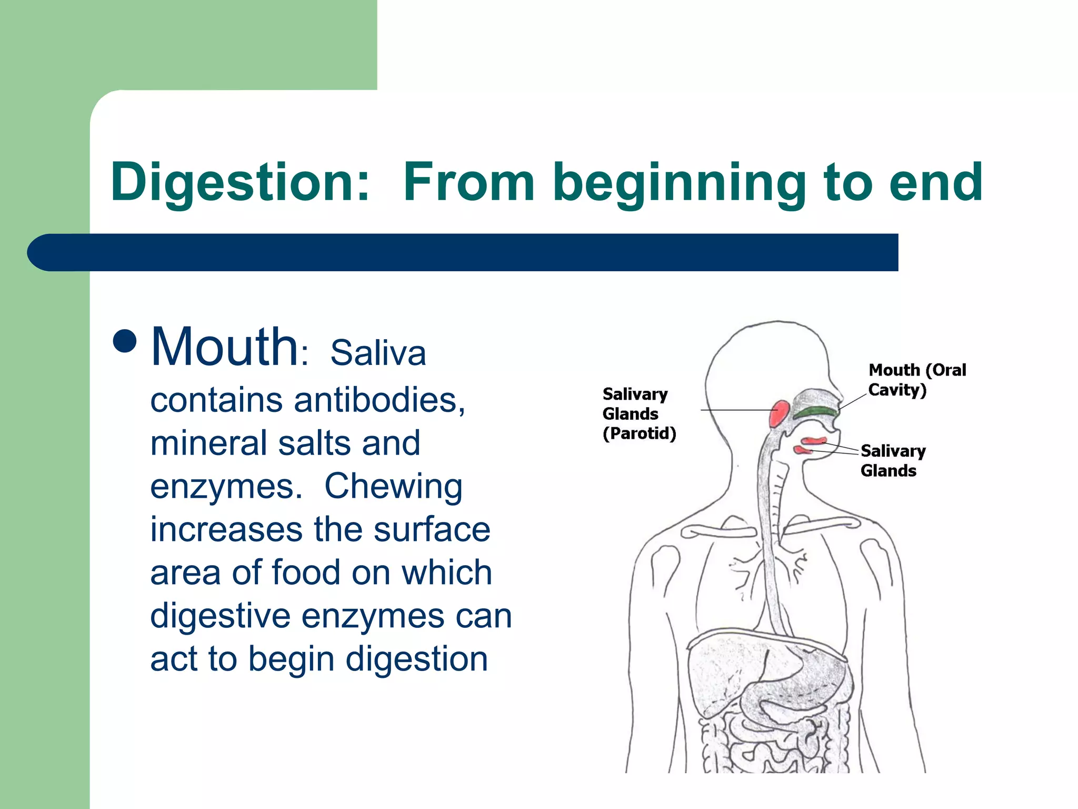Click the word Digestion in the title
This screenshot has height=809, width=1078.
(x=240, y=183)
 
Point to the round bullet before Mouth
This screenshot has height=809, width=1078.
(x=125, y=341)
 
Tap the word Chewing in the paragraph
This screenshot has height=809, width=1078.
(x=393, y=486)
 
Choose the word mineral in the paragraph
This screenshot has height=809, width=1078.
(x=208, y=443)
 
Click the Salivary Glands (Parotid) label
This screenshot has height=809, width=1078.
(x=638, y=414)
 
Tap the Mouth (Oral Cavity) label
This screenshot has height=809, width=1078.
(x=916, y=380)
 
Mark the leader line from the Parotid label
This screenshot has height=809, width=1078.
(x=737, y=410)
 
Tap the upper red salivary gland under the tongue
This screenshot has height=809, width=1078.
(x=814, y=440)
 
